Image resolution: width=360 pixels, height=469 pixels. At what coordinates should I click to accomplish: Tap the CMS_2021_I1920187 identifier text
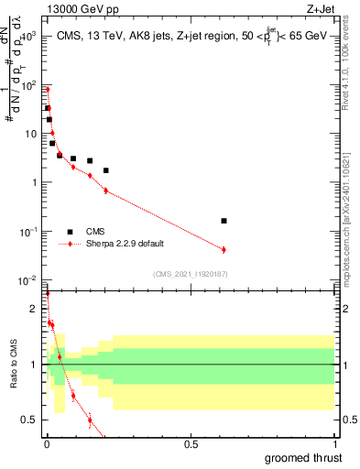190,273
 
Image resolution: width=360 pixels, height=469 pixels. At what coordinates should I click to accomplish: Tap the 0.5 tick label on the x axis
191,444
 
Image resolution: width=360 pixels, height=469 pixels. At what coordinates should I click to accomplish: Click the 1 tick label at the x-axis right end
334,444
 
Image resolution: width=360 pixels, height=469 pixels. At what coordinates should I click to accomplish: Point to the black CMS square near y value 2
106,170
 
